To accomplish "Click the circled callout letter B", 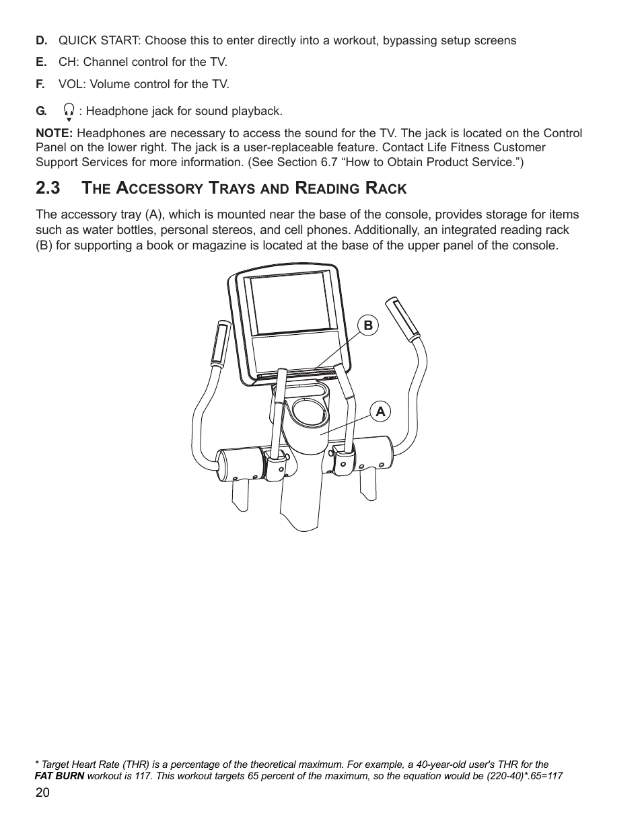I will point(368,325).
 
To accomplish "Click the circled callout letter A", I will point(380,411).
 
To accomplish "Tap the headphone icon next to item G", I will point(69,110).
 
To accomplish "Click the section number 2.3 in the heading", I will point(48,188).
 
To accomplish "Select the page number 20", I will point(42,793).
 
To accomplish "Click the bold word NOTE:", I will point(54,133).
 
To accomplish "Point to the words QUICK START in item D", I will point(98,40).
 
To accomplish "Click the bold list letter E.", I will point(41,62).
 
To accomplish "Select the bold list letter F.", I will point(40,84).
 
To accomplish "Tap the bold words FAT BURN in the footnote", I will point(59,776).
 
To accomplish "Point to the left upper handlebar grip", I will point(221,344).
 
